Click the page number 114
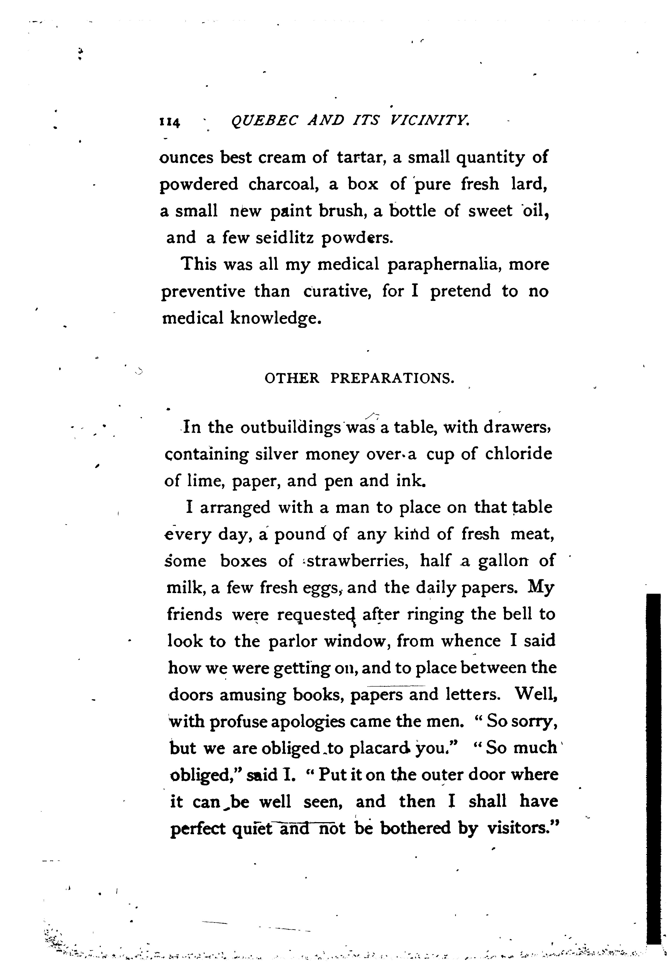[x=170, y=122]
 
